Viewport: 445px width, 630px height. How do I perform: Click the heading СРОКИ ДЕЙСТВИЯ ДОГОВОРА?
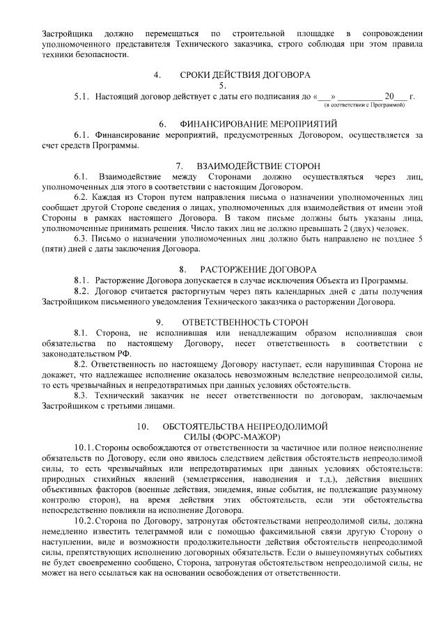[x=244, y=74]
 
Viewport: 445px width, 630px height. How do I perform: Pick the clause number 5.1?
[x=82, y=96]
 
